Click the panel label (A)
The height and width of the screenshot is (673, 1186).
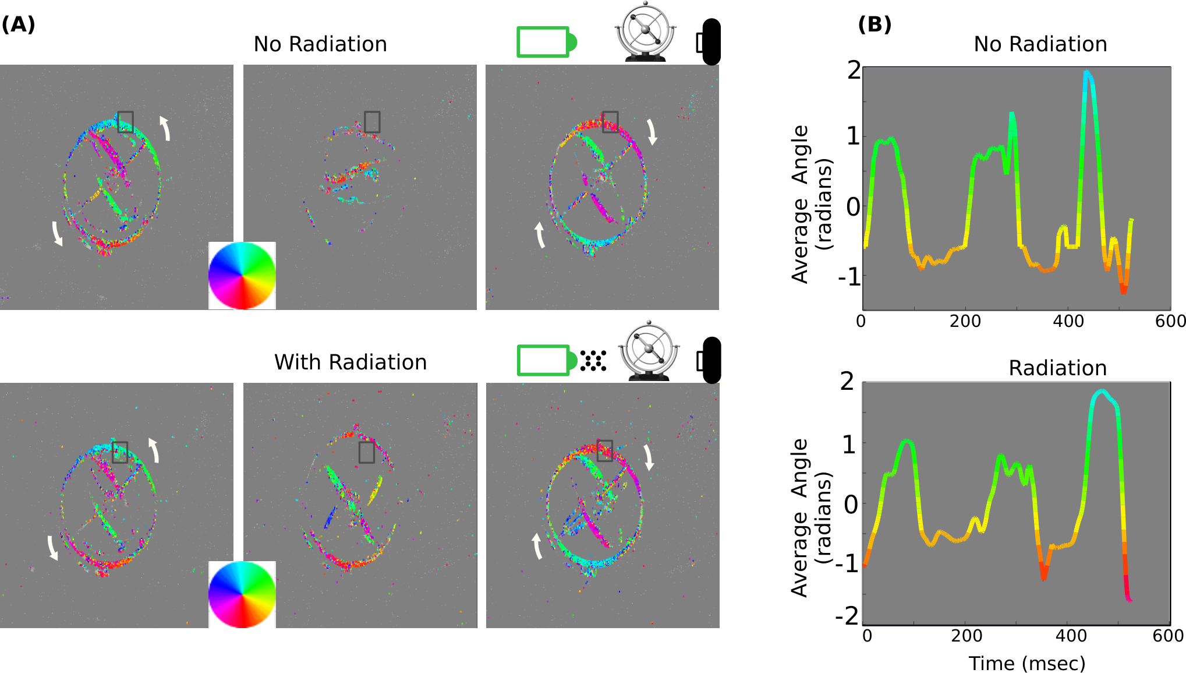18,24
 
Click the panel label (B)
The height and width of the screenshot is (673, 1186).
875,24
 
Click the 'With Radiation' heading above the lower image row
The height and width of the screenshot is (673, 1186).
351,362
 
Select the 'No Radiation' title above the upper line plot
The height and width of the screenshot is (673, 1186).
1040,44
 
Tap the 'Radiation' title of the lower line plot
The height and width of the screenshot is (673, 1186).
1057,368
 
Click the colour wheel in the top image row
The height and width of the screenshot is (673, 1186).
242,275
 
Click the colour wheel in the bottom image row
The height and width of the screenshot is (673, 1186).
242,594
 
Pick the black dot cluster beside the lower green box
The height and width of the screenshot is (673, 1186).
593,361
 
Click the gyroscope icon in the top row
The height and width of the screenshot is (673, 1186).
645,31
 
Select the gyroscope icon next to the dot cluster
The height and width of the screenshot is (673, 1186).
649,350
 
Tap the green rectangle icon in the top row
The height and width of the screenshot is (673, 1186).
546,42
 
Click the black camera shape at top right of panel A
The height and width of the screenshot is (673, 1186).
709,41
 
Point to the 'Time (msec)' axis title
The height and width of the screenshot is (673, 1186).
1027,663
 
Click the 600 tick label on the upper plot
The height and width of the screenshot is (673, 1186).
1170,321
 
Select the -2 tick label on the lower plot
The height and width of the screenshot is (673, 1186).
847,615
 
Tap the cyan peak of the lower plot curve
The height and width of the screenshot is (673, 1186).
1101,392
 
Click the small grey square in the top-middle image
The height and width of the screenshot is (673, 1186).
372,122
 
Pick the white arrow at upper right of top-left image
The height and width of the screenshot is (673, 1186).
165,128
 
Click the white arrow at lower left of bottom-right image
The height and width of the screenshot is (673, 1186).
537,546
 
